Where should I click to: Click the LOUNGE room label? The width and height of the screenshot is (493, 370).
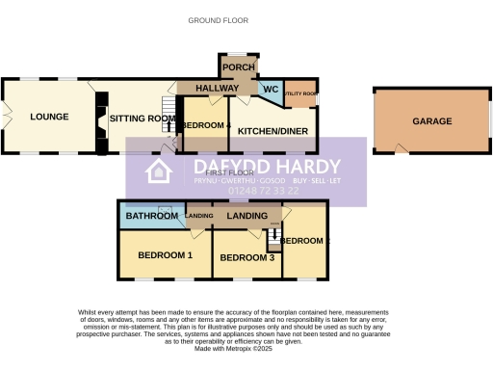click(49, 118)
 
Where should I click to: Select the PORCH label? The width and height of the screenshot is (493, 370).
click(238, 67)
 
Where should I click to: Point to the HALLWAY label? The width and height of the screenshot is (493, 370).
click(217, 89)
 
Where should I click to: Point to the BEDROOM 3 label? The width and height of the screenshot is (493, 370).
click(247, 257)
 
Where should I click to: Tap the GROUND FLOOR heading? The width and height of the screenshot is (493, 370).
click(218, 19)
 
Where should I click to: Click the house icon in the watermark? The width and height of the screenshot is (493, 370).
click(158, 172)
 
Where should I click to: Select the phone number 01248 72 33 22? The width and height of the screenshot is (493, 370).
click(263, 191)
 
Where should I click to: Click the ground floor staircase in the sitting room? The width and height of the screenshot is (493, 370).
click(168, 122)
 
